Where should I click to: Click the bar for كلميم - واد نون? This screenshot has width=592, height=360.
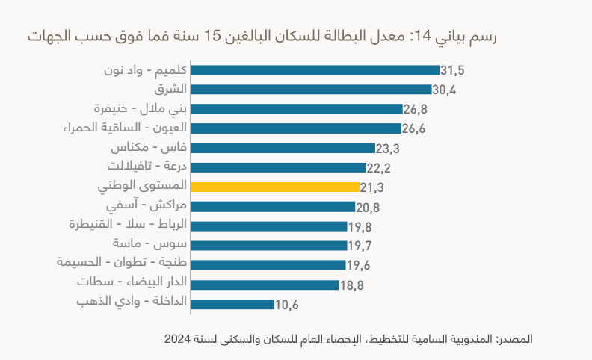click(x=315, y=70)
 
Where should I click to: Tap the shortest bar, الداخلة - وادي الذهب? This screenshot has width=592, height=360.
click(x=232, y=304)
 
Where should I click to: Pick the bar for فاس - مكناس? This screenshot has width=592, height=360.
click(x=283, y=148)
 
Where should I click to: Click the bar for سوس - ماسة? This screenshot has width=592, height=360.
click(x=269, y=245)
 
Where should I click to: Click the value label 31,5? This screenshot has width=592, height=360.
click(x=453, y=71)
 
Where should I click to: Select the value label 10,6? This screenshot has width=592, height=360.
click(x=287, y=305)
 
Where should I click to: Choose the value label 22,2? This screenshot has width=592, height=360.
click(x=379, y=168)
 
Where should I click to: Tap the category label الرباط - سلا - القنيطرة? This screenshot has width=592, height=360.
click(x=128, y=225)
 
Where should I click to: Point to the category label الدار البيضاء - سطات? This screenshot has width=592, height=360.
click(x=132, y=283)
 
